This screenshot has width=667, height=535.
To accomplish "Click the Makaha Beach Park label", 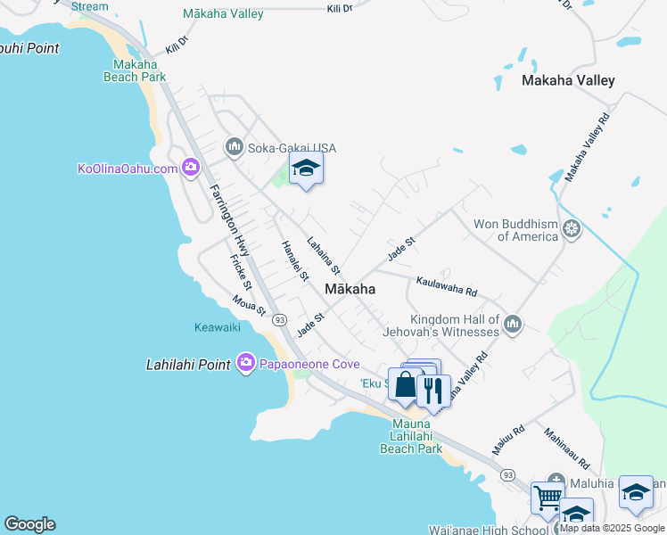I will pyautogui.click(x=140, y=70).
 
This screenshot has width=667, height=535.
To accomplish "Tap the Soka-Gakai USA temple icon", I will pyautogui.click(x=235, y=146).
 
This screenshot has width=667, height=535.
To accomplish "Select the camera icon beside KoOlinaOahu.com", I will pyautogui.click(x=190, y=168).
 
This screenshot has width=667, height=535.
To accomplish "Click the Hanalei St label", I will pyautogui.click(x=294, y=262).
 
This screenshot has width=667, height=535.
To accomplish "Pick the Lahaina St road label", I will pyautogui.click(x=324, y=255).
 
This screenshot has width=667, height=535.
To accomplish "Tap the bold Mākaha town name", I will pyautogui.click(x=350, y=289).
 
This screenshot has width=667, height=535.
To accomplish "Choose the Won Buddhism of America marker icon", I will pyautogui.click(x=572, y=230).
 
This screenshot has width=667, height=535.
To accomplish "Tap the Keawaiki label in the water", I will pyautogui.click(x=218, y=327).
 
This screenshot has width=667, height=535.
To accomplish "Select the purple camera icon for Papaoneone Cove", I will pyautogui.click(x=246, y=363).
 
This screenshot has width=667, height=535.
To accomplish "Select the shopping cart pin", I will pyautogui.click(x=546, y=498).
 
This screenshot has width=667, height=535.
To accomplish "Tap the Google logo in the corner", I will pyautogui.click(x=29, y=524).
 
